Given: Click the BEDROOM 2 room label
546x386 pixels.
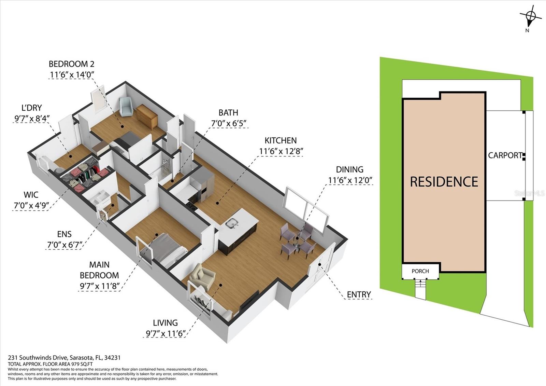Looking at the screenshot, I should pyautogui.click(x=71, y=64).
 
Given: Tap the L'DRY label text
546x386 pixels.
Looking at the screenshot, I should pyautogui.click(x=31, y=108).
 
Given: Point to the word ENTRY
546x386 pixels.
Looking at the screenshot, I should pyautogui.click(x=359, y=294).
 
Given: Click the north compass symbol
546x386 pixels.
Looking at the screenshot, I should pyautogui.click(x=530, y=16).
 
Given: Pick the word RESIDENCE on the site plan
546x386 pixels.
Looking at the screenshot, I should pyautogui.click(x=444, y=182).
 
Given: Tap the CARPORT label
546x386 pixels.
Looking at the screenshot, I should pyautogui.click(x=505, y=155).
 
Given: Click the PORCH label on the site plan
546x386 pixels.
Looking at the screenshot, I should pyautogui.click(x=420, y=271).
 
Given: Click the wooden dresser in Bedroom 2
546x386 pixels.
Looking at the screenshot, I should pyautogui.click(x=147, y=116).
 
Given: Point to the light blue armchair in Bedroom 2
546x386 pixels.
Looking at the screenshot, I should pyautogui.click(x=126, y=106).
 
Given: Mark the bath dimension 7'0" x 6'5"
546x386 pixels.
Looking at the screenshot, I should pyautogui.click(x=229, y=123).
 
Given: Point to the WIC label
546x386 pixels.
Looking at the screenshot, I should pyautogui.click(x=31, y=195).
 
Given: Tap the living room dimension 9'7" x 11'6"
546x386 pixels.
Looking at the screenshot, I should pyautogui.click(x=166, y=333).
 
